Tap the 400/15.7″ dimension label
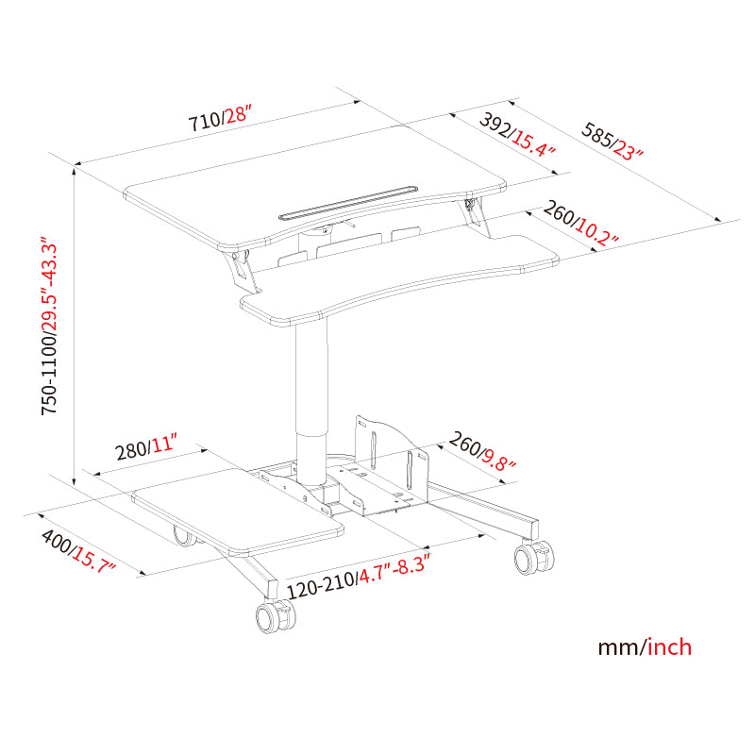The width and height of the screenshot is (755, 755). [77, 551]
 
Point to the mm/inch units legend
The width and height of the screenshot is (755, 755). [645, 647]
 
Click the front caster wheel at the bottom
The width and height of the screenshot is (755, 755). [275, 616]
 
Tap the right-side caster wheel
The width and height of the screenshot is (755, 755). [533, 558]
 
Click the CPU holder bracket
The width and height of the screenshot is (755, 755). [392, 467]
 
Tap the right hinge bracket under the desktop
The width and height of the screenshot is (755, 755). [478, 214]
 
